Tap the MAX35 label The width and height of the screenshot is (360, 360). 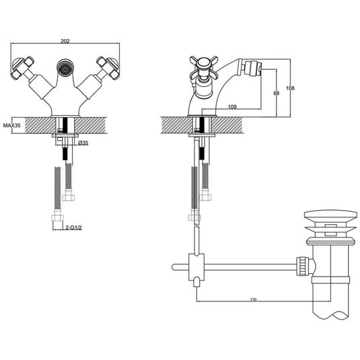point(12,125)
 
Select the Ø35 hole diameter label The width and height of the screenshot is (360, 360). point(83,143)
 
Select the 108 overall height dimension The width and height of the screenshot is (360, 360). point(291,88)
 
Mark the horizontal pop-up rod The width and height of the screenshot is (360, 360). point(249,266)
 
